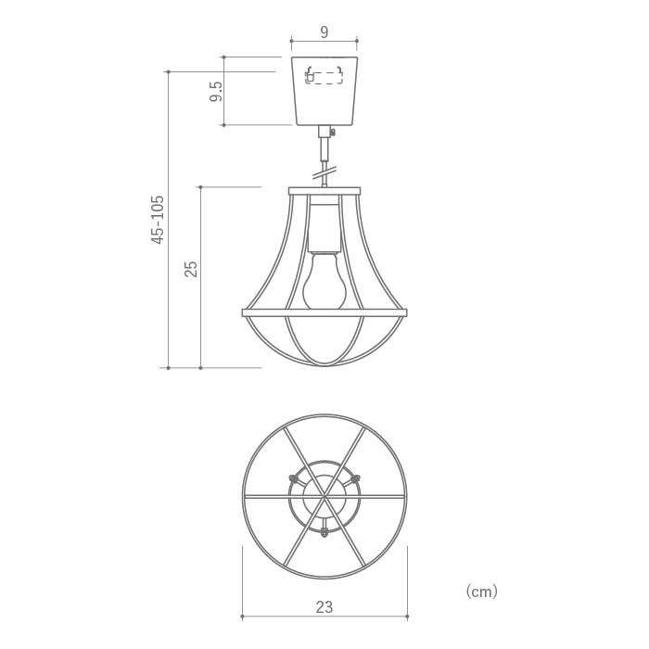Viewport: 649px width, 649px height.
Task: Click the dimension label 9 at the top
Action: pos(324,32)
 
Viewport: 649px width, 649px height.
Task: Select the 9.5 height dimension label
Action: pos(216,92)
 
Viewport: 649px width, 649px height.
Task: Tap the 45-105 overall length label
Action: pos(158,220)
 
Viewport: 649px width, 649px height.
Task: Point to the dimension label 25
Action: pos(191,269)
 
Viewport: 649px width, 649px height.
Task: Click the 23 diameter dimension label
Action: pos(324,607)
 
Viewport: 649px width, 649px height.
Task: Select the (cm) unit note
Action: pos(482,592)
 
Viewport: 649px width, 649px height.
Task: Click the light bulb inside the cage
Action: pos(324,282)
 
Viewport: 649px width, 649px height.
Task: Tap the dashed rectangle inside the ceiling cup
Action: pos(324,78)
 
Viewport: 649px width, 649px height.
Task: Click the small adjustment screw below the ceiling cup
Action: pos(332,132)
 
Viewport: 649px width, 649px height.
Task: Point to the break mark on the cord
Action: pos(324,172)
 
